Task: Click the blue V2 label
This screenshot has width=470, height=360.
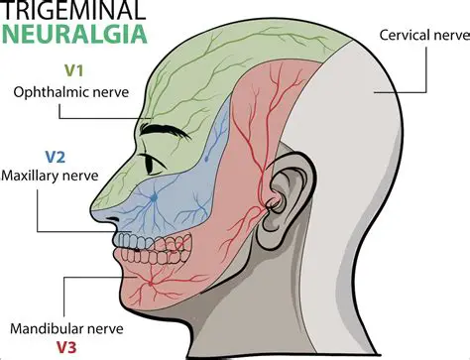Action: click(56, 157)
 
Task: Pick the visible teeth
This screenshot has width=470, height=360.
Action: click(139, 240)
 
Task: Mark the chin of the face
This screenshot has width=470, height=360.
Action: click(134, 295)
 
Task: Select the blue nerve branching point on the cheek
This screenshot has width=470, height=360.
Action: click(154, 199)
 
